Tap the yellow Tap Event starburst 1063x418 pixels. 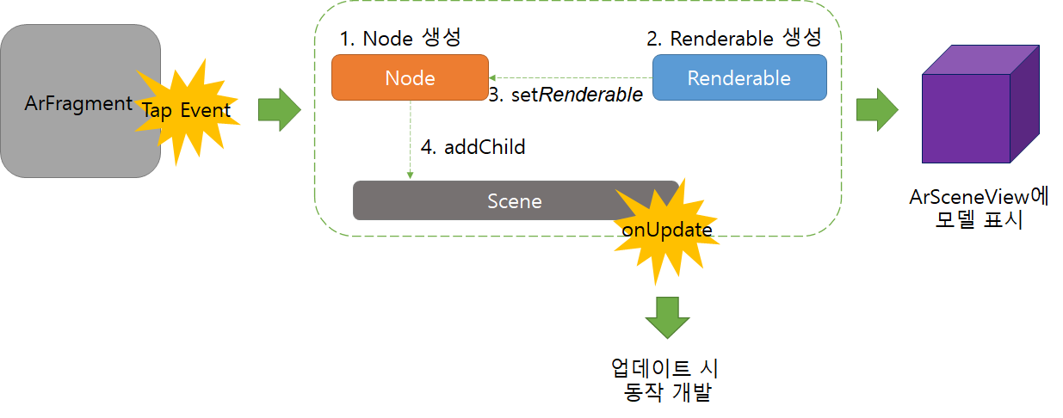pyautogui.click(x=186, y=110)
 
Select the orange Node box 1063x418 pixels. pyautogui.click(x=410, y=78)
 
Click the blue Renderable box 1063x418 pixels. pyautogui.click(x=739, y=78)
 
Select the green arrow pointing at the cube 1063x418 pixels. pyautogui.click(x=877, y=110)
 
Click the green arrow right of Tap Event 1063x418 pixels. pyautogui.click(x=280, y=110)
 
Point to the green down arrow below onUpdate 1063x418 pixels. pyautogui.click(x=668, y=317)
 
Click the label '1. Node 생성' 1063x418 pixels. pyautogui.click(x=401, y=39)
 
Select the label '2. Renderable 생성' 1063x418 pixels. pyautogui.click(x=733, y=39)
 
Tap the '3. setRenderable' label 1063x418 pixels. pyautogui.click(x=565, y=95)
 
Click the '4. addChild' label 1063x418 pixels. pyautogui.click(x=473, y=147)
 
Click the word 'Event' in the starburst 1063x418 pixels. pyautogui.click(x=206, y=111)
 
